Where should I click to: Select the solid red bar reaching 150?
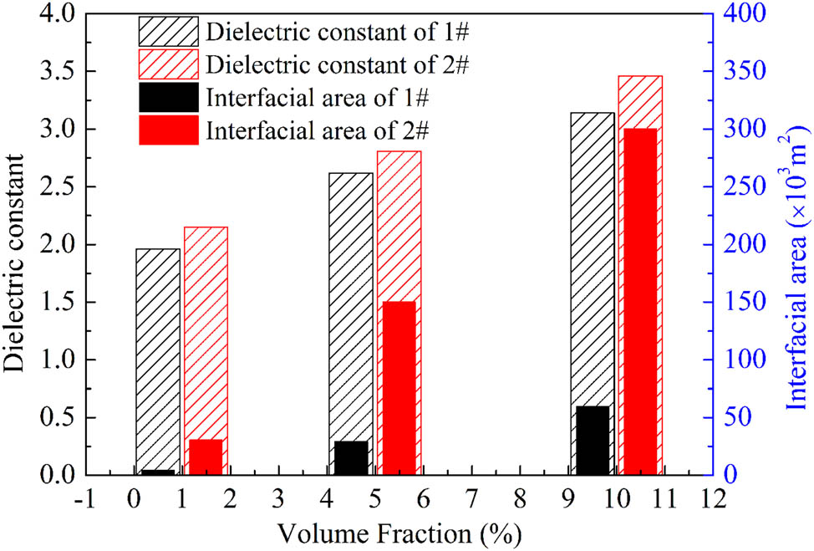(x=399, y=388)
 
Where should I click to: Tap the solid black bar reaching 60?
(x=592, y=440)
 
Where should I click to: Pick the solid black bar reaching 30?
(x=350, y=457)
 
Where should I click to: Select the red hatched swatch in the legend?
(x=168, y=64)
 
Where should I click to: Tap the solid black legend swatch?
(x=168, y=97)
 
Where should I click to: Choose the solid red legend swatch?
(x=168, y=130)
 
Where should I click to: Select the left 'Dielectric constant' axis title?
(x=15, y=245)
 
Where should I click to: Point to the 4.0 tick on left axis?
(x=57, y=14)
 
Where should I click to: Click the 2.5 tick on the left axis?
(x=57, y=187)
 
